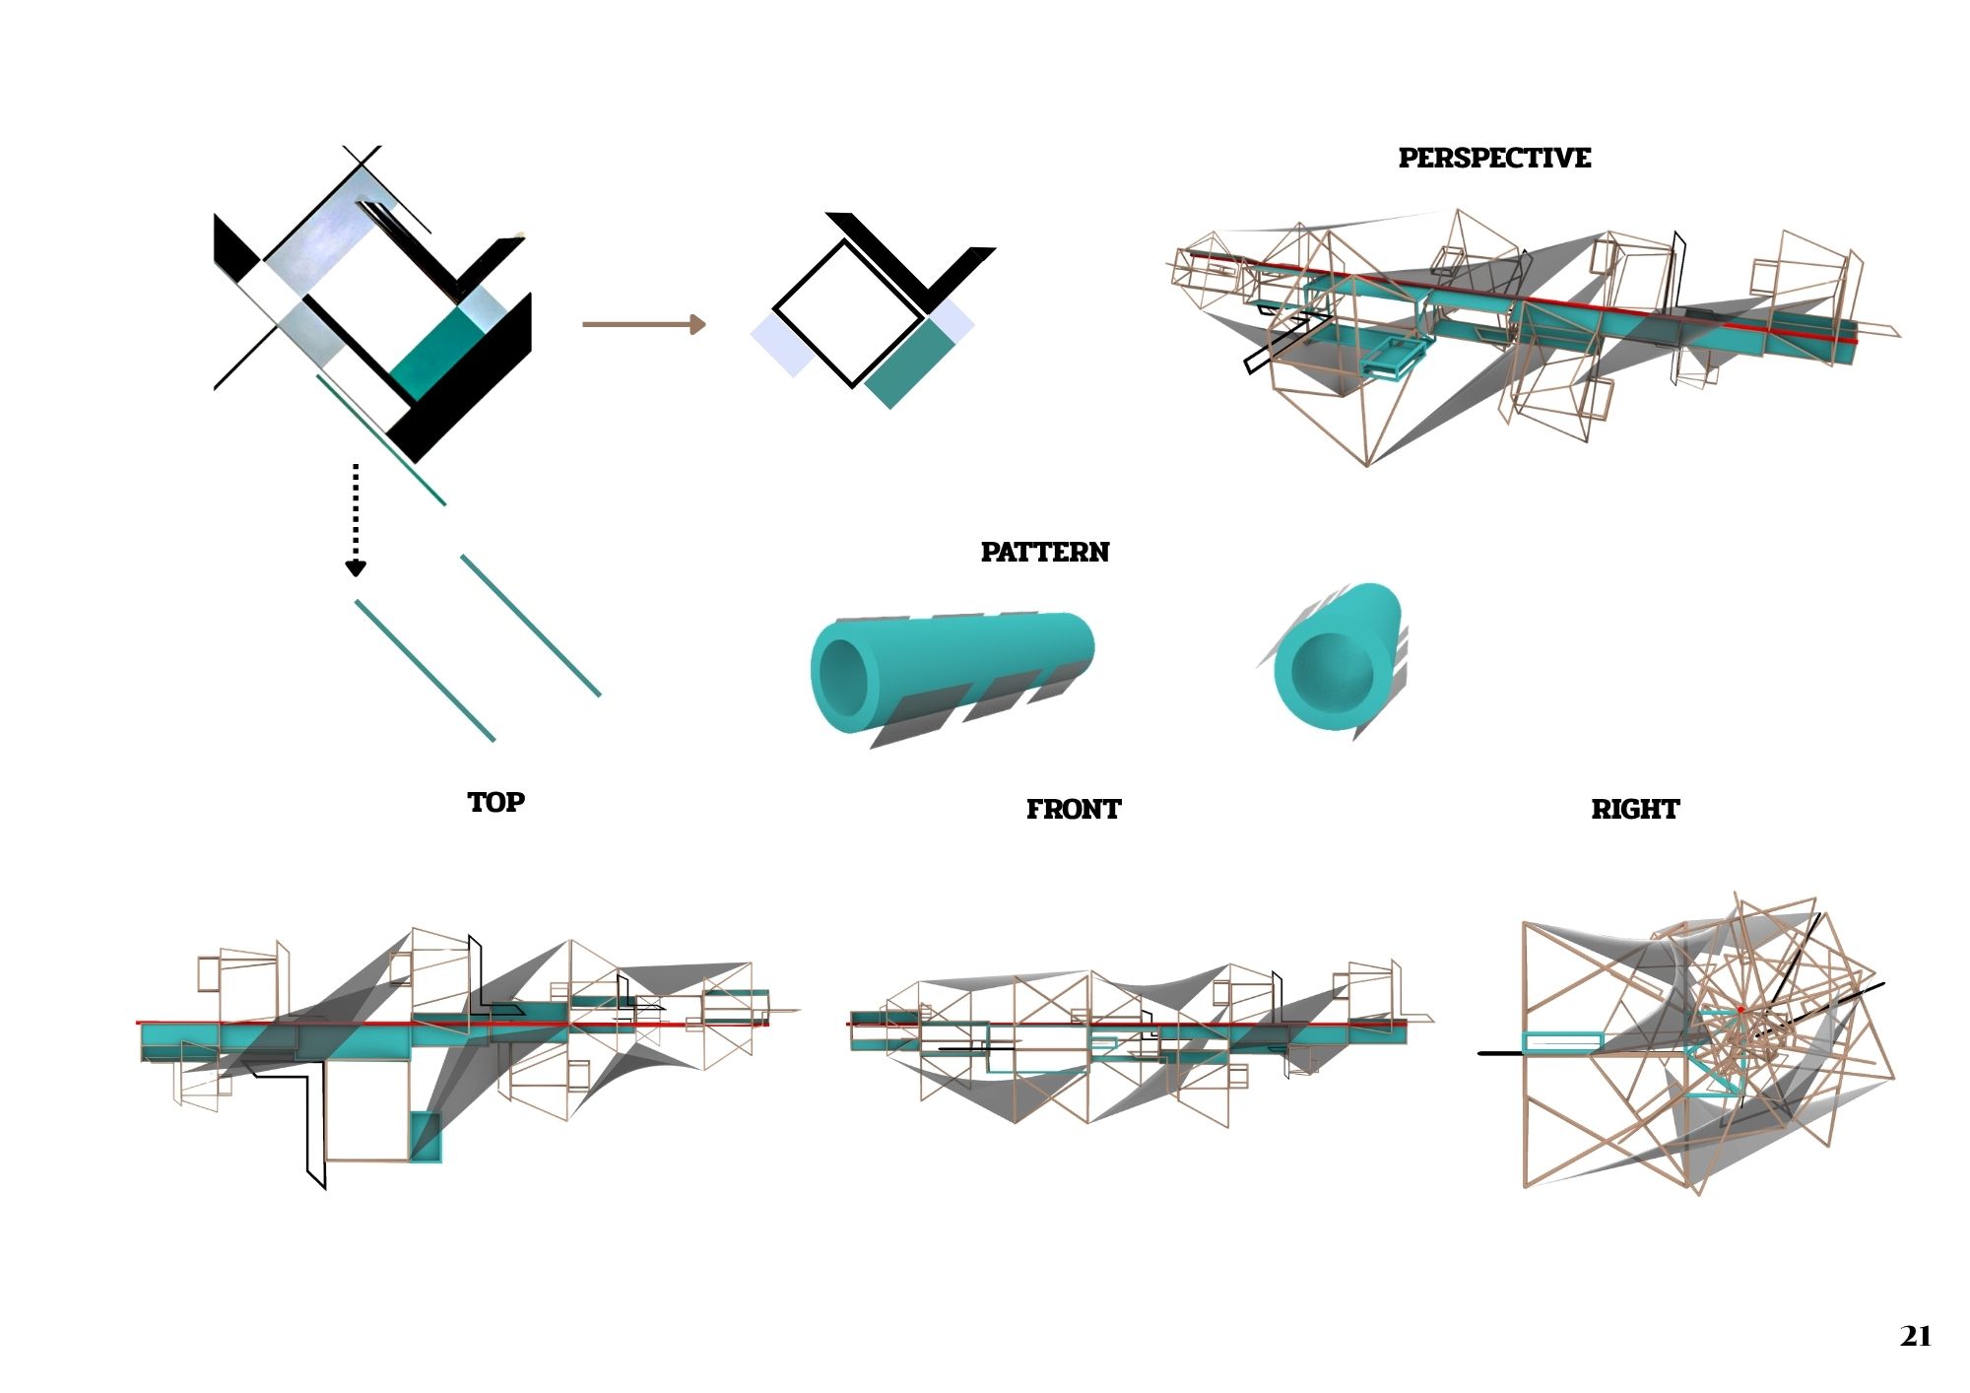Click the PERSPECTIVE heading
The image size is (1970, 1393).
1494,159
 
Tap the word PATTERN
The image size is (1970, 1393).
1045,553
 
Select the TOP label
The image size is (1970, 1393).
496,803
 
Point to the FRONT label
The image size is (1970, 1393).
1074,810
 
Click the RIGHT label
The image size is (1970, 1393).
1635,810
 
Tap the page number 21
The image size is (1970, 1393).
1916,1337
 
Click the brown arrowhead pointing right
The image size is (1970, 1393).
697,324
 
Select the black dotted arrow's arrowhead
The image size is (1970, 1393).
356,568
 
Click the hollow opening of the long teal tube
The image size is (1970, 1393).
844,668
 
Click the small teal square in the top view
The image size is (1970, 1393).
425,1137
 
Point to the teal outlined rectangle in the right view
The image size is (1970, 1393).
1562,1042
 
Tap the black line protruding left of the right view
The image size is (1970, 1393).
1500,1053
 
